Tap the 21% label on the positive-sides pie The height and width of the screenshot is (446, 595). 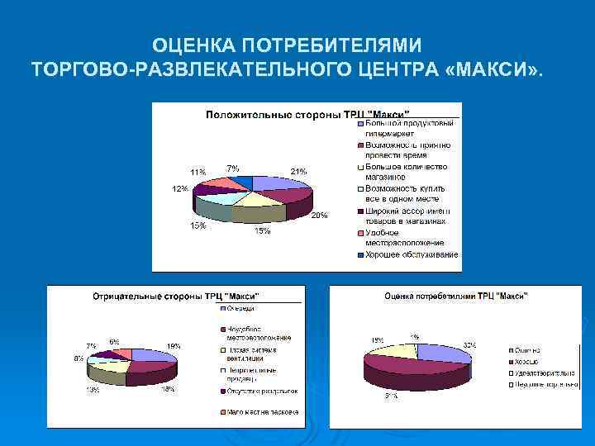[298, 171]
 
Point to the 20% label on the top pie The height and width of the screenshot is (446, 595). [319, 216]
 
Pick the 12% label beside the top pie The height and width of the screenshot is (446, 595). [179, 188]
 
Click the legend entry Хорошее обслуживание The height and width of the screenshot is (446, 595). [408, 254]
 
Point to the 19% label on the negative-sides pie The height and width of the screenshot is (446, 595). [174, 346]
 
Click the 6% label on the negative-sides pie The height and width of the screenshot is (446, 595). [113, 341]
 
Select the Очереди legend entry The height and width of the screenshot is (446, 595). [237, 311]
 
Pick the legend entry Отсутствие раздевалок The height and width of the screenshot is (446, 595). [258, 391]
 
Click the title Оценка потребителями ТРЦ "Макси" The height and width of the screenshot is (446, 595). [456, 296]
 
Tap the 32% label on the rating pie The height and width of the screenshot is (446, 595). [469, 344]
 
